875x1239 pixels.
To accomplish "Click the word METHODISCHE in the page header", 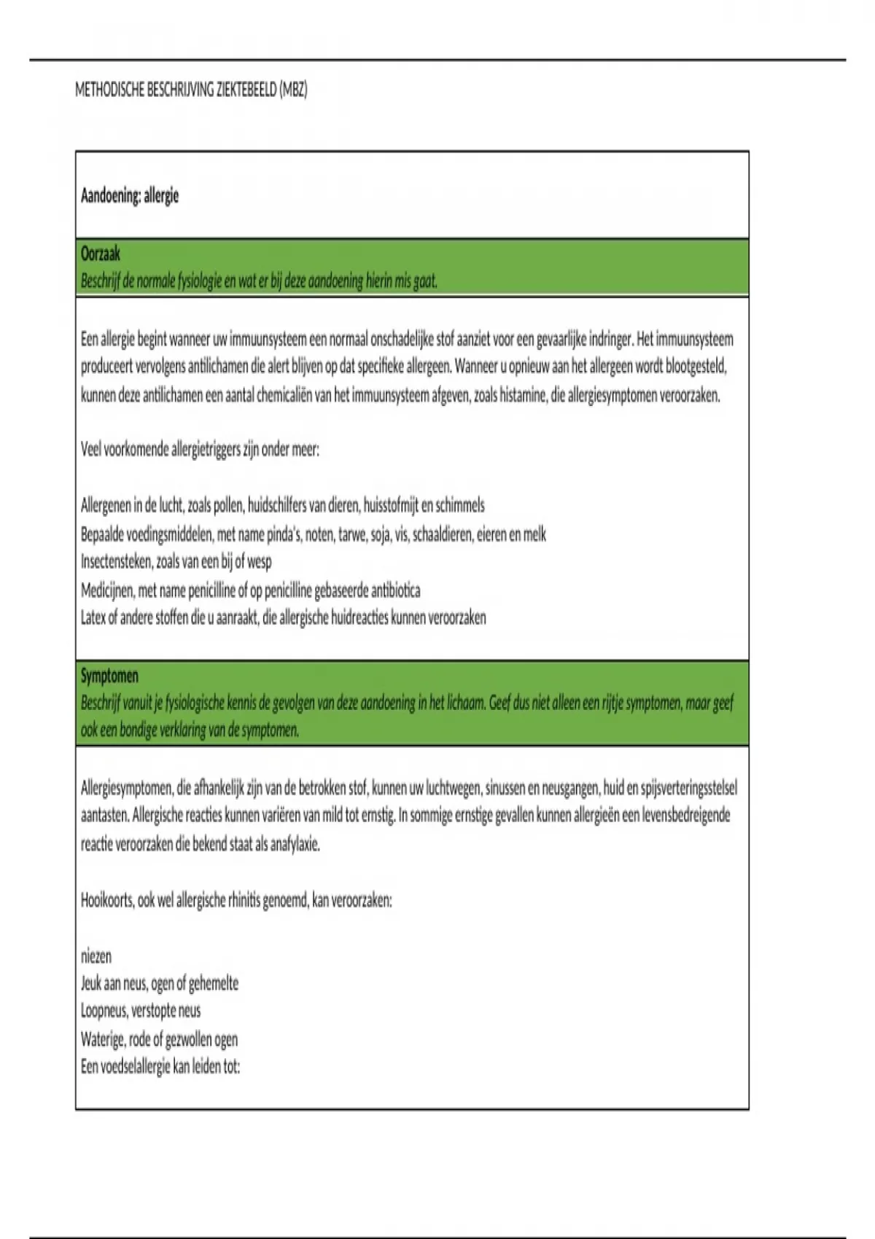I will point(109,90).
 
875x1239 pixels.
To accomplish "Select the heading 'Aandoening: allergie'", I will point(130,195).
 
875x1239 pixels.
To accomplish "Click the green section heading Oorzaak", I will point(101,254).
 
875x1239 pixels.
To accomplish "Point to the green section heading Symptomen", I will point(109,676).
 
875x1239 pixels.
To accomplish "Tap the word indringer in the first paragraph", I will point(609,339).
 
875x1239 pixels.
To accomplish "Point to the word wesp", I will point(259,561).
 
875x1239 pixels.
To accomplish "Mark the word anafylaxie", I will point(295,845).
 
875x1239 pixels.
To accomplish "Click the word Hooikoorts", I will point(107,900).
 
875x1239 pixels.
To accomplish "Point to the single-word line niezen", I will point(96,956).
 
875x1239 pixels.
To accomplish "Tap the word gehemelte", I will point(214,984).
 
